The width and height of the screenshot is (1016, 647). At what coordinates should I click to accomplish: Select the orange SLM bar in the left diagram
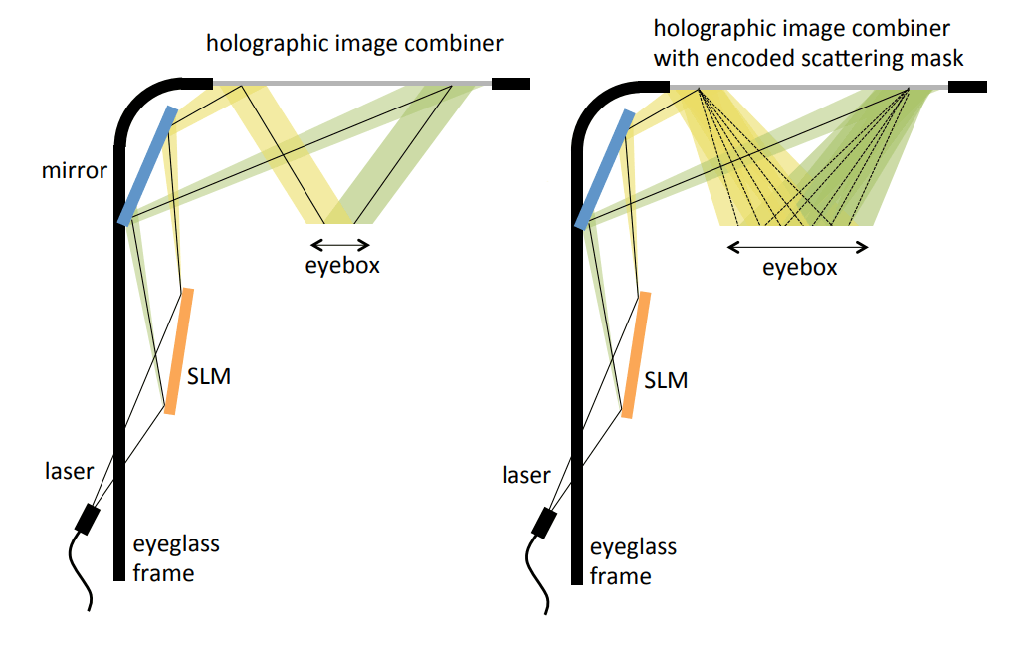tap(180, 350)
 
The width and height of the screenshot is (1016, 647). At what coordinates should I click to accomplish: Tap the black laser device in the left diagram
tap(89, 519)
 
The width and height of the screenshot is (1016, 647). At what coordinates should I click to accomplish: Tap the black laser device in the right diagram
tap(545, 523)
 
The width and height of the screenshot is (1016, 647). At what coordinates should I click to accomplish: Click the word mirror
tap(73, 170)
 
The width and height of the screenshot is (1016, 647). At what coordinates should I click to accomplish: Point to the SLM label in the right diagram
tap(666, 380)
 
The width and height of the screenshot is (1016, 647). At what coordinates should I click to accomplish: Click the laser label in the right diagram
tap(525, 475)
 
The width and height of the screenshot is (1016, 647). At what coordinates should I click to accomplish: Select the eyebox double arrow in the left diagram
tap(339, 244)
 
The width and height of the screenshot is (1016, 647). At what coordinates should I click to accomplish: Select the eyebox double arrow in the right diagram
tap(798, 246)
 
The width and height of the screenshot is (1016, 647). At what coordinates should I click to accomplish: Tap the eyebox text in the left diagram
tap(342, 266)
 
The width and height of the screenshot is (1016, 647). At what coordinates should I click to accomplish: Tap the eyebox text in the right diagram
tap(799, 268)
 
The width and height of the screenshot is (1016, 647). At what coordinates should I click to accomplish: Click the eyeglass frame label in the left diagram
tap(176, 557)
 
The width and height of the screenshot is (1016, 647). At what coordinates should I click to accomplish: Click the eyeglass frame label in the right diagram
tap(634, 561)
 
